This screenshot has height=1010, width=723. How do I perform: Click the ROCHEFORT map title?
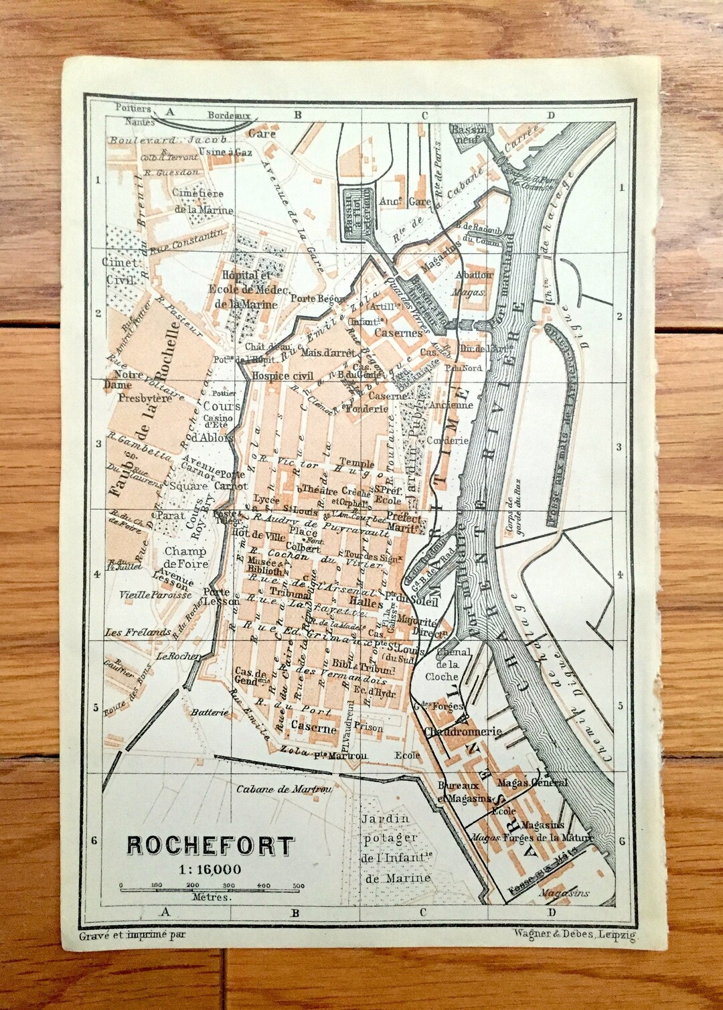(210, 846)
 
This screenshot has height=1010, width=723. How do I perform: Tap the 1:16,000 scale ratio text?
(210, 869)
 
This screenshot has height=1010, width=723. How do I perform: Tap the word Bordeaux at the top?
(228, 116)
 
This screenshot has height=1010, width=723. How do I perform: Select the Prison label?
(370, 727)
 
